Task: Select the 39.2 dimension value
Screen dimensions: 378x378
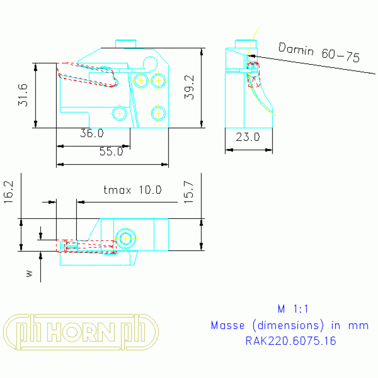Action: pos(190,87)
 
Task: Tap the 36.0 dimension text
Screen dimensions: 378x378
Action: pos(92,134)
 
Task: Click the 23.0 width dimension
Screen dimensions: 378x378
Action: pos(247,137)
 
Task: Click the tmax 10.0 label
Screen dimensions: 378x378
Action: pos(132,190)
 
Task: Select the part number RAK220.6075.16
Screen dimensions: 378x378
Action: pos(290,341)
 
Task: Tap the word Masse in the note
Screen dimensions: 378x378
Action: pos(228,325)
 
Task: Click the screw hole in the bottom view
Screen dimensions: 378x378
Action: pos(126,238)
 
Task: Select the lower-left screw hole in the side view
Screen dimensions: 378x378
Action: pos(119,113)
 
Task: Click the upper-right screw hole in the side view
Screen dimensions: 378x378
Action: pos(159,80)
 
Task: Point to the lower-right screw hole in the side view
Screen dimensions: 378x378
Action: pos(158,113)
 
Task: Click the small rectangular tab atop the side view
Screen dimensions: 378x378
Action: pos(126,43)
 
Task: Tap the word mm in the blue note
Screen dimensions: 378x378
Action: pos(360,325)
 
